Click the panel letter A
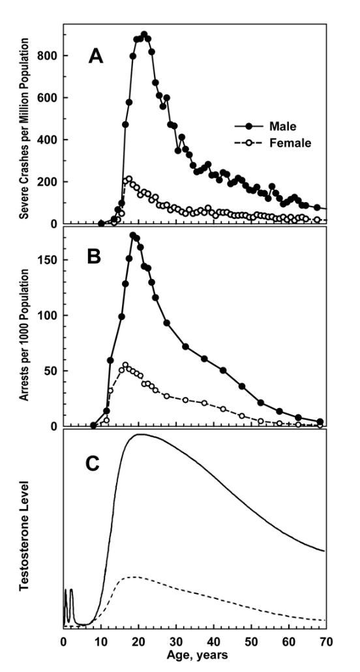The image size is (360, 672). [96, 56]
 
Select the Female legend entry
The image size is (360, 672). [273, 143]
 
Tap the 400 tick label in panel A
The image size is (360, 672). [50, 139]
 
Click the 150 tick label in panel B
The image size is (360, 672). [50, 259]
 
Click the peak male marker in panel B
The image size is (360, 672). [133, 235]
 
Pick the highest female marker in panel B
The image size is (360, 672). [125, 365]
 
